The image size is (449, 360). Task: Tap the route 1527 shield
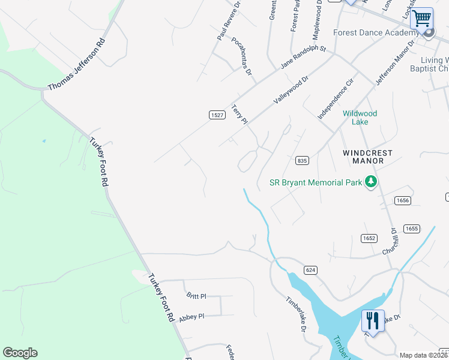(217, 115)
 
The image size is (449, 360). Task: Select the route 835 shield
(302, 161)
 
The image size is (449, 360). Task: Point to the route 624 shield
(310, 271)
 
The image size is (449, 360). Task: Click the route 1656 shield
(402, 200)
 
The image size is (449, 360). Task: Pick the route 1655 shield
(411, 229)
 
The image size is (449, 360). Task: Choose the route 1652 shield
(369, 238)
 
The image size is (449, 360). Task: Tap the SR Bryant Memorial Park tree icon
(371, 182)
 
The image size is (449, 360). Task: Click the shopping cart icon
(421, 19)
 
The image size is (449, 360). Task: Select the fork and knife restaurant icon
(373, 321)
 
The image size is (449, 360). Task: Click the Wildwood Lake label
(360, 118)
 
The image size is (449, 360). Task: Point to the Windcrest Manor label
(367, 157)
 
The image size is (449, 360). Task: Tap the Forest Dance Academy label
(375, 34)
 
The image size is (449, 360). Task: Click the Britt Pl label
(196, 296)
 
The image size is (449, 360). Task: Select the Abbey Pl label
(191, 316)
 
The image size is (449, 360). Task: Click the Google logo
(20, 353)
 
